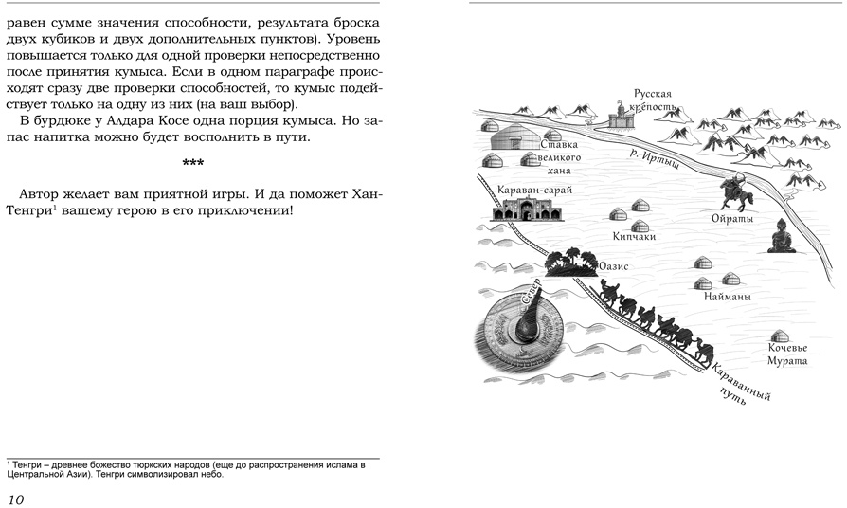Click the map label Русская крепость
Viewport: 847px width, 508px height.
[654, 100]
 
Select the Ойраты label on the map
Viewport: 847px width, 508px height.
[731, 218]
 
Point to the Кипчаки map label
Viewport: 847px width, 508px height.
[634, 237]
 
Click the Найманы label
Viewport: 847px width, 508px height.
[728, 297]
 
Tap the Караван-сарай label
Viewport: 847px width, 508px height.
[534, 190]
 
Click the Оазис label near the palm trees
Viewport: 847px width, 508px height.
[613, 267]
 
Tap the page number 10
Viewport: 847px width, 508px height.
[15, 499]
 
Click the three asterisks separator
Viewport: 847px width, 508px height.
[193, 163]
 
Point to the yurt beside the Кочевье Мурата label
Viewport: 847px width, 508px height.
[779, 336]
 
